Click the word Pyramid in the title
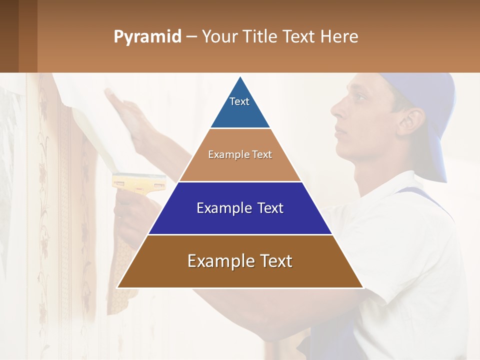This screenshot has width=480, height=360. pos(147,37)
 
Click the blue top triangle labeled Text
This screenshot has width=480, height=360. pos(240,107)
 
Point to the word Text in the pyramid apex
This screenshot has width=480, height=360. pos(239,101)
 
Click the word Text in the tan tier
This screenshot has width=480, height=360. pos(262,154)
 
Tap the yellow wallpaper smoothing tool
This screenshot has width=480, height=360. pos(139,181)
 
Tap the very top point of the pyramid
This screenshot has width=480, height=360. pos(240,76)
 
